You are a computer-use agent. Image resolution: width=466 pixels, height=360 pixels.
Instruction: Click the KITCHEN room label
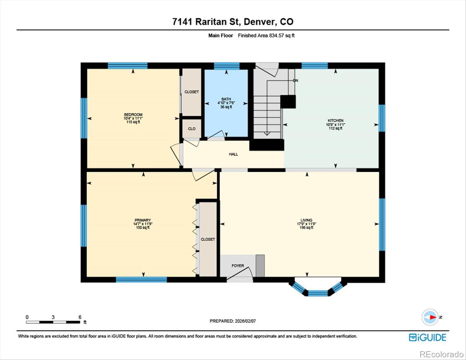[335, 121]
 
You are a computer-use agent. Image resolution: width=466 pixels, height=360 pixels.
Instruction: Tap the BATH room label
[226, 99]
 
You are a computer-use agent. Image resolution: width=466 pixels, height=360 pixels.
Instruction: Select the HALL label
[233, 154]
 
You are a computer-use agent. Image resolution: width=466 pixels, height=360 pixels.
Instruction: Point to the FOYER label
[238, 266]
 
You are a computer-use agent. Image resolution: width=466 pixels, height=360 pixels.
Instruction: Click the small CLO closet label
[192, 129]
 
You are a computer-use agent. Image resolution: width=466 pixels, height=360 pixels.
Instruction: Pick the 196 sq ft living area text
[306, 228]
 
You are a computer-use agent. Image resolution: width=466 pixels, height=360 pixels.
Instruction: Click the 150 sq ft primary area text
[143, 228]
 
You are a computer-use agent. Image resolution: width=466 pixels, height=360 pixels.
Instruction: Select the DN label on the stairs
[296, 81]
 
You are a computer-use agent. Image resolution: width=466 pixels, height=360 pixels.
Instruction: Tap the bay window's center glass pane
[318, 293]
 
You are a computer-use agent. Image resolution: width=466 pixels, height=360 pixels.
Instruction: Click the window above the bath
[227, 66]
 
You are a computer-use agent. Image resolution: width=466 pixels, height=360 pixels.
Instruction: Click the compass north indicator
[431, 317]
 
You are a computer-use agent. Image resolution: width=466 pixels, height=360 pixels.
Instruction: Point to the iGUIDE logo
[428, 337]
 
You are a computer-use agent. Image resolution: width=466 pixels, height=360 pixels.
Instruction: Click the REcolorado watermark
[441, 354]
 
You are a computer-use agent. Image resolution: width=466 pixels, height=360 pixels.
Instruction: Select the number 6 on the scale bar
[80, 317]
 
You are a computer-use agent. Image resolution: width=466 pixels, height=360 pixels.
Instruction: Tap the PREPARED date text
[233, 321]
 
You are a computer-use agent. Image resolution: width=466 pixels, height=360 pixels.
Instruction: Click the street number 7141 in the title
[182, 22]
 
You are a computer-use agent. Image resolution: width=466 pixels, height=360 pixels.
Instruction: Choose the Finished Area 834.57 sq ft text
[266, 35]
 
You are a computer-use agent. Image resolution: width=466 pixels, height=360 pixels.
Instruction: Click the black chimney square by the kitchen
[288, 102]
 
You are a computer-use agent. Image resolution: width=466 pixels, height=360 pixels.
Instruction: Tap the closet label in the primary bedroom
[208, 239]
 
